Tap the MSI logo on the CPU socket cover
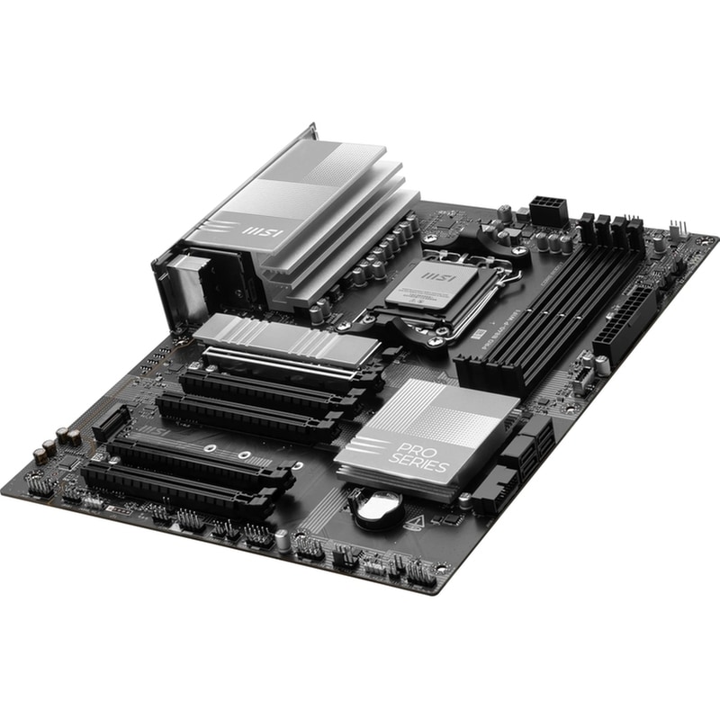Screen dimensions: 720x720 [435, 272]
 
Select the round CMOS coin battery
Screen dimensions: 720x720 [376, 506]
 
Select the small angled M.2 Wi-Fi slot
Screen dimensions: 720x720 [112, 422]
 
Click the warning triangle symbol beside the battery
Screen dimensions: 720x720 [417, 521]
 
